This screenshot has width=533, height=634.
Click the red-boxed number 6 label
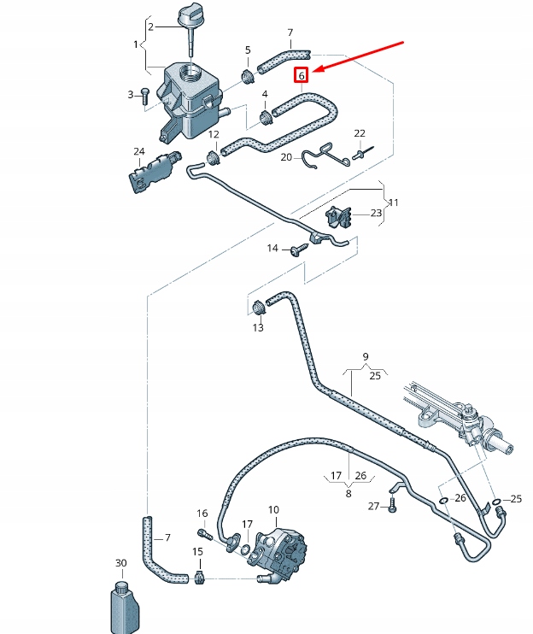click(300, 75)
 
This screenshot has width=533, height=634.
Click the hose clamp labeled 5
click(249, 77)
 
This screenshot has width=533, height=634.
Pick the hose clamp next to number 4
click(264, 116)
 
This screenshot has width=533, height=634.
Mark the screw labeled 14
click(298, 249)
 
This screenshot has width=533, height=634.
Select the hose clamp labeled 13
click(259, 307)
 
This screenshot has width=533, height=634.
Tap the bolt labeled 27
click(392, 506)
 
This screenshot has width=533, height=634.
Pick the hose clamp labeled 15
click(200, 578)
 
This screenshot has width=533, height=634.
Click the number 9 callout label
click(365, 355)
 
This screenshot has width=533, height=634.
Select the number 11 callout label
click(393, 203)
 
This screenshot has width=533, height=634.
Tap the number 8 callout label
click(348, 492)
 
